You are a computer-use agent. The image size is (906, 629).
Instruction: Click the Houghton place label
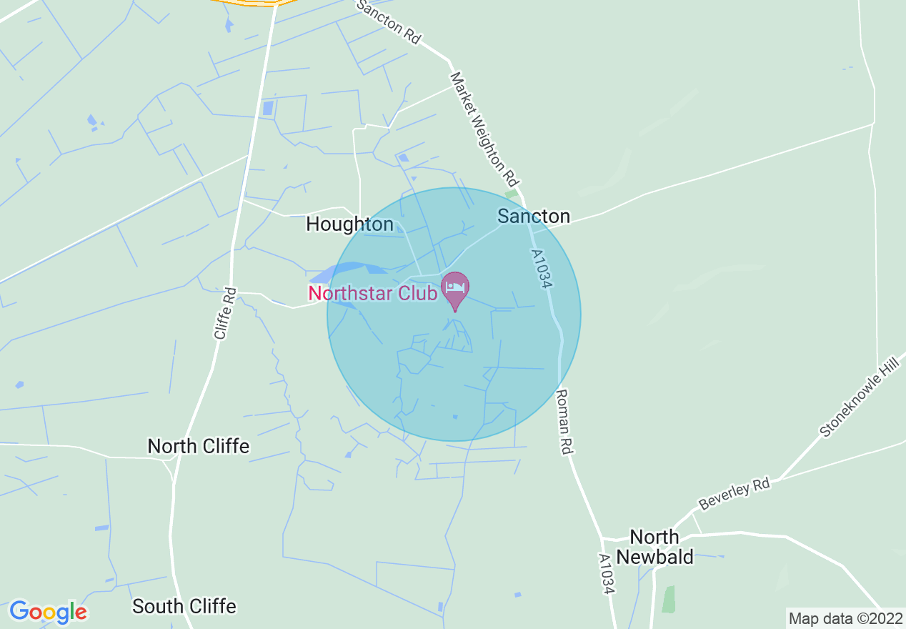pos(349,224)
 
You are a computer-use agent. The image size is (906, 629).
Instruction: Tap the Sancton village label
pos(534,216)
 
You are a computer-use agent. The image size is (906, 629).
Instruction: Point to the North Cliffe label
pos(198,447)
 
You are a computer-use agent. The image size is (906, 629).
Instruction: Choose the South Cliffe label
pos(184,607)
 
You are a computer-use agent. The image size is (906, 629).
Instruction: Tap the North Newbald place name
pos(654,547)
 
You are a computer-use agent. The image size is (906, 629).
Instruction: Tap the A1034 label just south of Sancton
pos(542,269)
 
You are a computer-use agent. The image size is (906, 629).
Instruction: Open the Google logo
pos(48,612)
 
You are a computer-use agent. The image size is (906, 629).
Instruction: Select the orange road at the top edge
pos(254,3)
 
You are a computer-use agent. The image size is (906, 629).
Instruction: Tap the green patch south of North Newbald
pos(669,599)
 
